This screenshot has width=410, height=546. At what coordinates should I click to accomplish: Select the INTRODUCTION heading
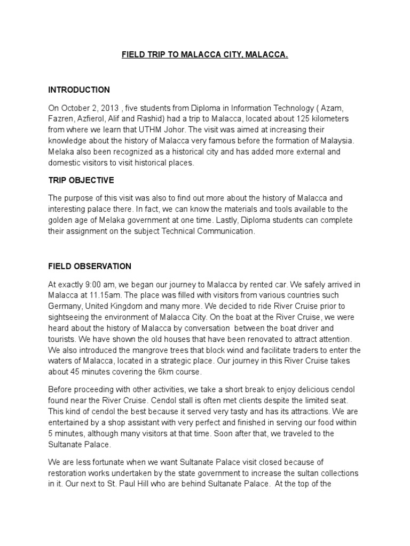click(x=79, y=90)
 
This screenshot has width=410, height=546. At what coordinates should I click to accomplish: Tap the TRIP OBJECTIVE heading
click(x=81, y=180)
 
